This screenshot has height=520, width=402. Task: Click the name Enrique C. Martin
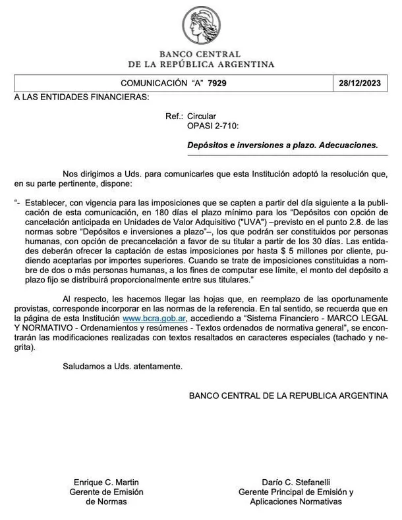tap(106, 482)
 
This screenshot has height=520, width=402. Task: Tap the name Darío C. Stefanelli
tap(296, 482)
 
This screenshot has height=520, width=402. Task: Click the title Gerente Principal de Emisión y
tap(296, 492)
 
